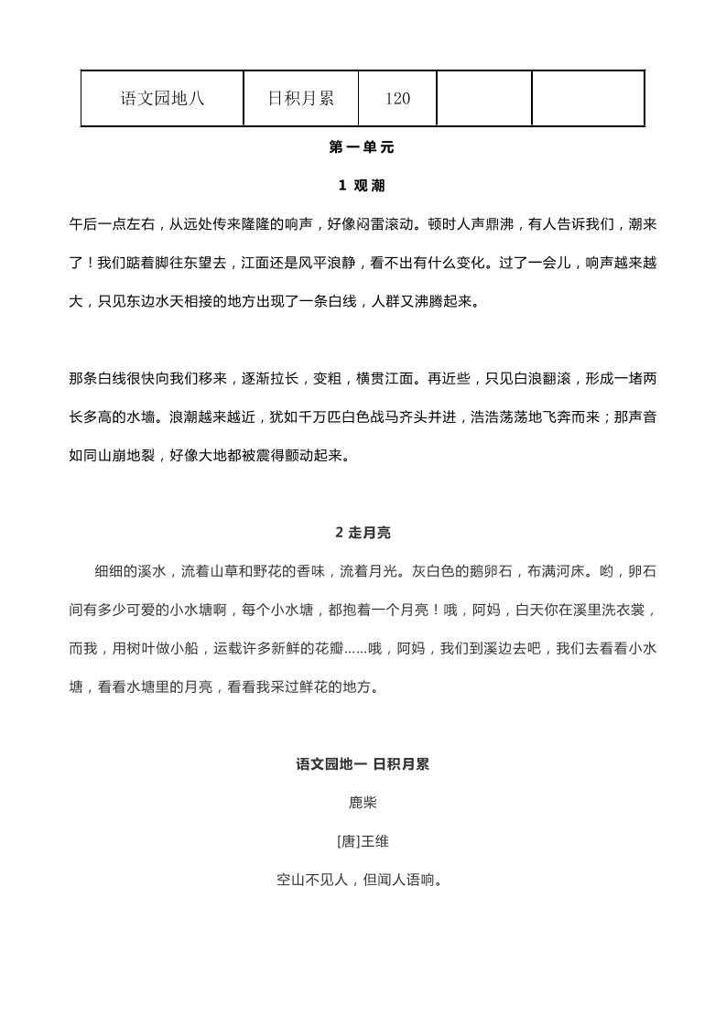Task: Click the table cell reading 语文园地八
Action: (162, 99)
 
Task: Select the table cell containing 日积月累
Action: (300, 99)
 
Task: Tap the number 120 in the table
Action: (397, 99)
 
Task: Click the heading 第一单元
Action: (362, 147)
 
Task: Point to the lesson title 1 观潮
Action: (362, 186)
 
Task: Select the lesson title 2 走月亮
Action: (363, 533)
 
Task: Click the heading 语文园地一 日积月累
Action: (363, 764)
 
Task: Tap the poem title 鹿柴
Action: (363, 803)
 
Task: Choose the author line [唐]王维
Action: (363, 841)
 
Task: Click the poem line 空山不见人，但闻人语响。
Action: (363, 881)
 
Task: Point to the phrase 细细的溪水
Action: (129, 571)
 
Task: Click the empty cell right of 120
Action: (483, 99)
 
